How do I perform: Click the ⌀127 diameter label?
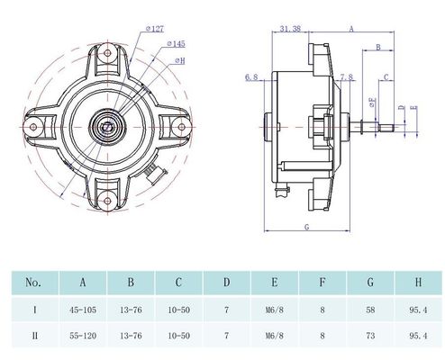(155, 29)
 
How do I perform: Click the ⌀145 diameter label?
(176, 44)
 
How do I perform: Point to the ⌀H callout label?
(180, 61)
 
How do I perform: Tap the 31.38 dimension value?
(290, 29)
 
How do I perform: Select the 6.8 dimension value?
(251, 77)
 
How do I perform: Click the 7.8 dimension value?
(347, 77)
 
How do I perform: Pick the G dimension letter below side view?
(306, 227)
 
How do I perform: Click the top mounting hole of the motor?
(107, 53)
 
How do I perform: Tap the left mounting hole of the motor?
(33, 127)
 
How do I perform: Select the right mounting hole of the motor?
(181, 127)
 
